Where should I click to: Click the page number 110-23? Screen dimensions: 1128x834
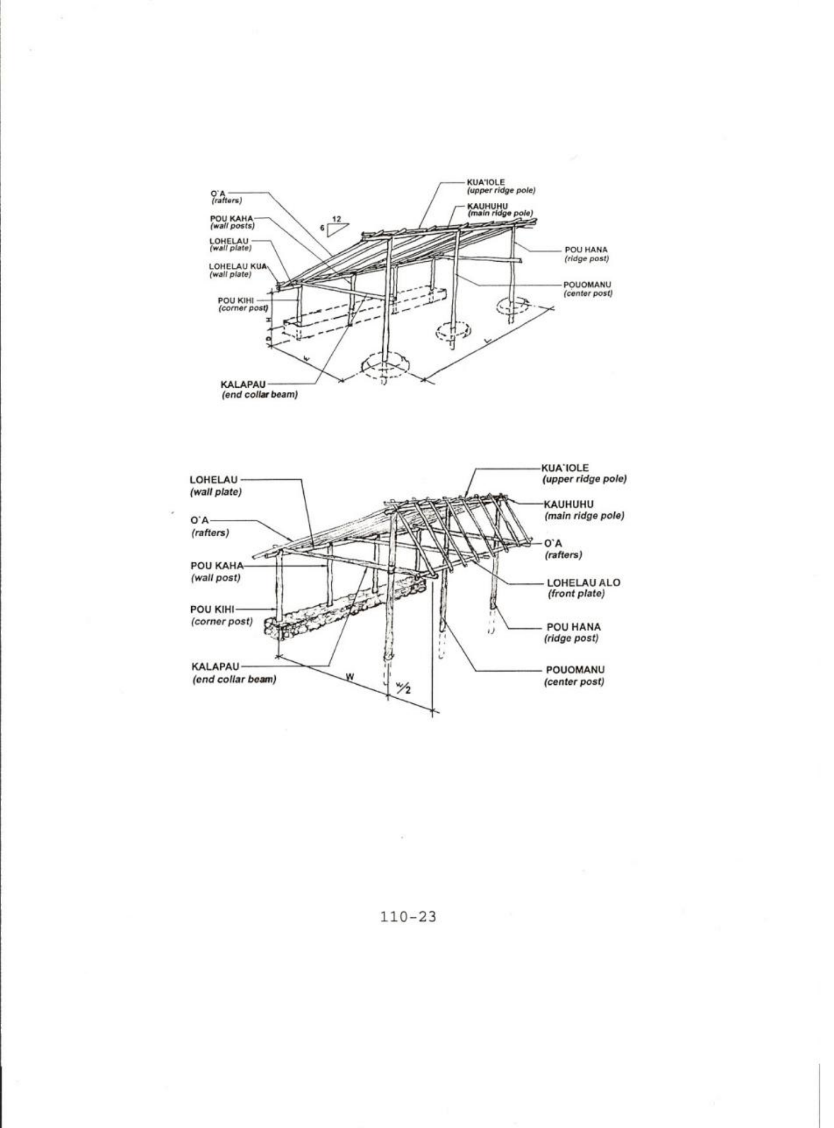coord(408,917)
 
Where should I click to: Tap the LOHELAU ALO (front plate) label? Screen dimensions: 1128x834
coord(583,583)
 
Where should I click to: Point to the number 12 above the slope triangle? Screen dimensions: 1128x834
coord(336,219)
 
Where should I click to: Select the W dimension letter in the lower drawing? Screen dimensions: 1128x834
coord(349,677)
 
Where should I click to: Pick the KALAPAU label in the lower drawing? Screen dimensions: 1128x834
coord(215,667)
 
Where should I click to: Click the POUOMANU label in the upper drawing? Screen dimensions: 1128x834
coord(587,285)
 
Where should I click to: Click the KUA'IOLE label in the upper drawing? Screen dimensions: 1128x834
coord(485,182)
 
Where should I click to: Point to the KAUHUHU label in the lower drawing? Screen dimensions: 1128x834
coord(568,504)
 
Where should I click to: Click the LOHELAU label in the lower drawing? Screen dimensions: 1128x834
coord(214,480)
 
